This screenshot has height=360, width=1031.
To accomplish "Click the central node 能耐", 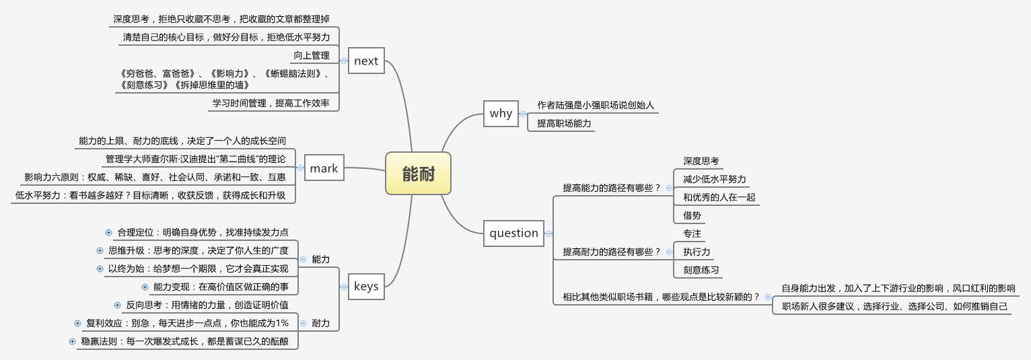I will tap(418, 174).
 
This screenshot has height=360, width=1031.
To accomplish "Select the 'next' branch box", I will tap(366, 61).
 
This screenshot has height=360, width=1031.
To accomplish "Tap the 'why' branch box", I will tap(501, 113).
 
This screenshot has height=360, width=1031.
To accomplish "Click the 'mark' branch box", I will tap(324, 168).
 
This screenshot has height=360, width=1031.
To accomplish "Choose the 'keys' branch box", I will tap(366, 287).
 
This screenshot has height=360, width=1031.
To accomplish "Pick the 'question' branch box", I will tap(513, 233).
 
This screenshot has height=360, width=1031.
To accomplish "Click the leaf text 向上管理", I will tap(312, 55).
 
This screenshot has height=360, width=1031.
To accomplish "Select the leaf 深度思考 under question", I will tap(701, 161).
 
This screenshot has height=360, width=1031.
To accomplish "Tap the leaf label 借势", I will tap(692, 215).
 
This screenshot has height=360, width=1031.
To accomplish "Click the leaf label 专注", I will tap(692, 233).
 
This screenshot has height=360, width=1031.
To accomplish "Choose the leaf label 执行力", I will tap(697, 252).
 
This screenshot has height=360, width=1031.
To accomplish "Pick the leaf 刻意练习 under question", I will tap(701, 270).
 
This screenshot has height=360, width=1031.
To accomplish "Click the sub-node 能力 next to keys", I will tap(321, 259).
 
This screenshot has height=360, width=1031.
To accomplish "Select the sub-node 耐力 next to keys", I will tap(321, 323).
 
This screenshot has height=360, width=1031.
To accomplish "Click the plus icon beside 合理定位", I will tap(108, 232).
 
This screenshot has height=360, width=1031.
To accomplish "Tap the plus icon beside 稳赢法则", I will tap(72, 341).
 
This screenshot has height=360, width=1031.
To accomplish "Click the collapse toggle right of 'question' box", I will tap(548, 233).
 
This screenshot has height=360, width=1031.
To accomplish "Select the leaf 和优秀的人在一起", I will tap(719, 197).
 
